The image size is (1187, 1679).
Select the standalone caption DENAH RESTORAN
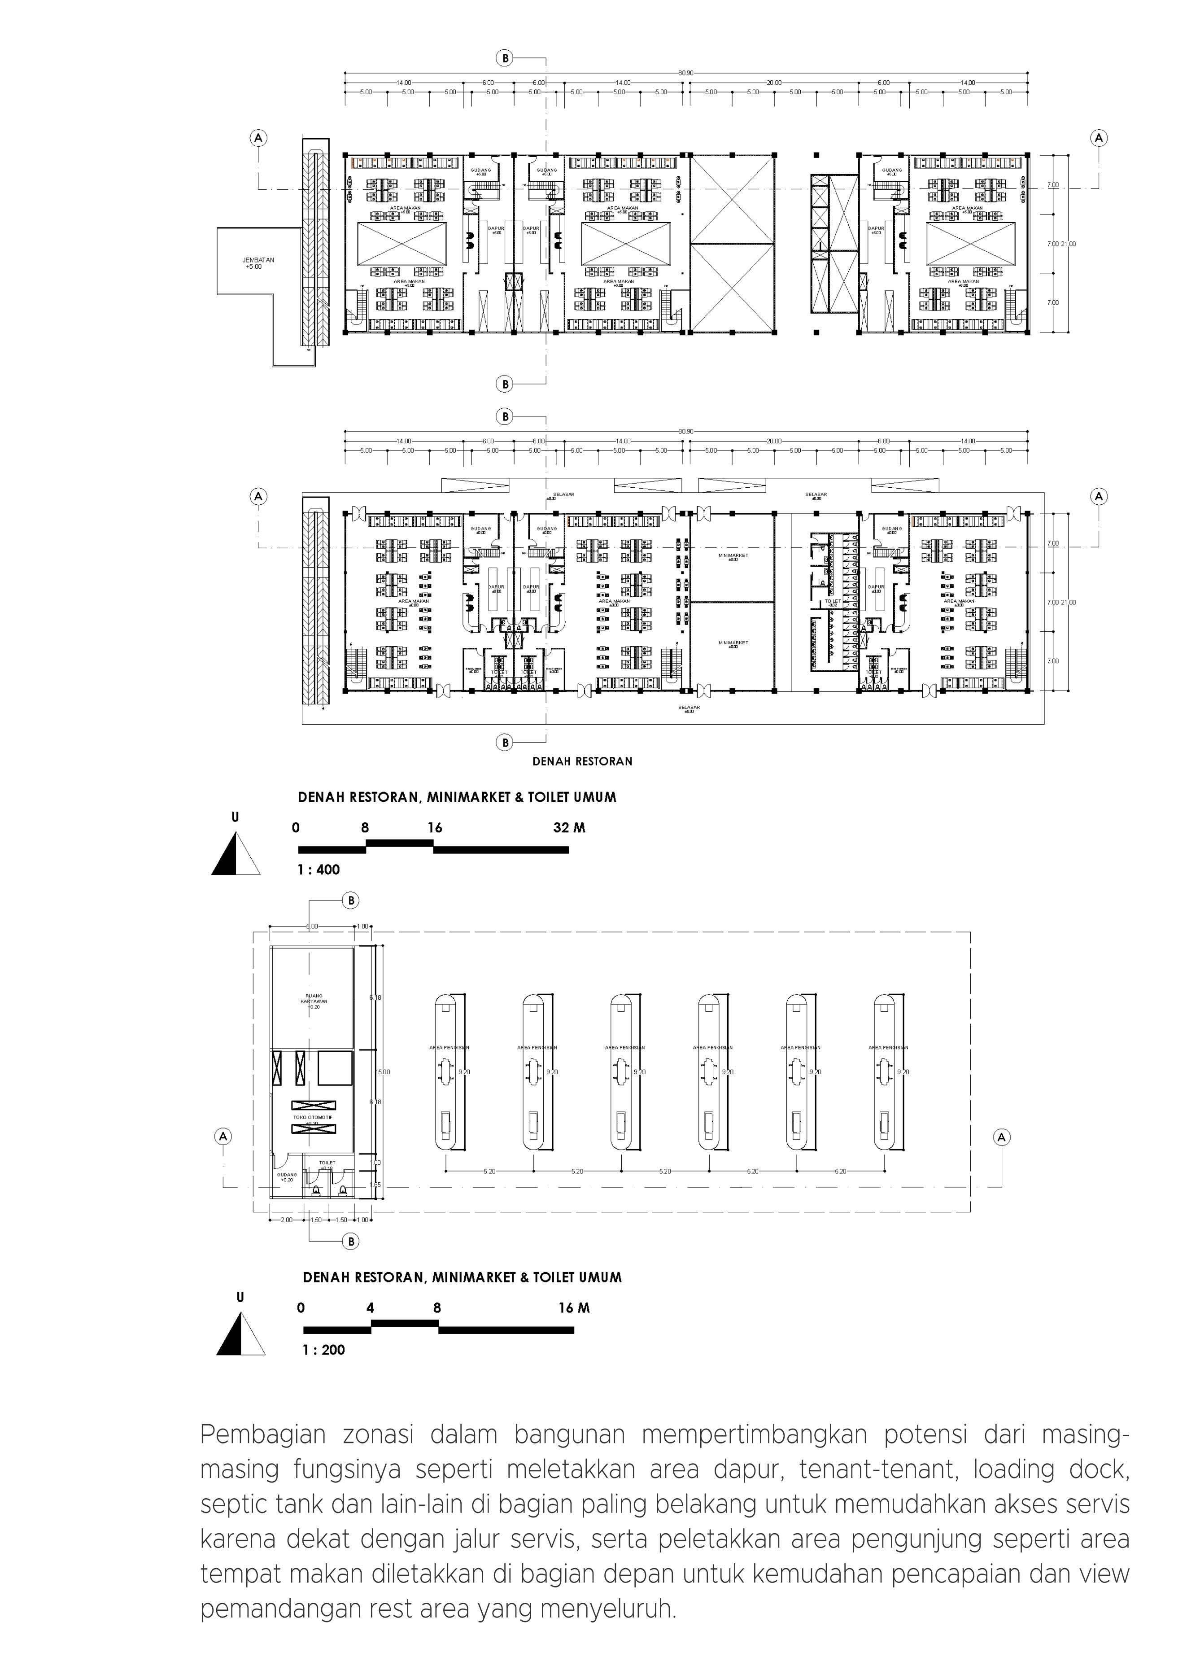582,761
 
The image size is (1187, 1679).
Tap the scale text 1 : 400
318,870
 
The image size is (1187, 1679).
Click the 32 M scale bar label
569,828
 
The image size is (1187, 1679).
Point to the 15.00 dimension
383,1072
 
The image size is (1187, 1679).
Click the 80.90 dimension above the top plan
685,73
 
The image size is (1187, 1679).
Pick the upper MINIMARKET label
733,556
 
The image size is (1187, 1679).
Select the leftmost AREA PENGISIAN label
449,1048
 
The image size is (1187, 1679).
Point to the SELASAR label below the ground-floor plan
689,708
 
